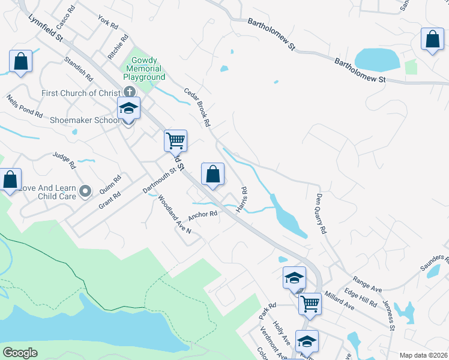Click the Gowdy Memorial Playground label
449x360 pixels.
pyautogui.click(x=144, y=69)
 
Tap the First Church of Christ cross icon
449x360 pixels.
pyautogui.click(x=129, y=92)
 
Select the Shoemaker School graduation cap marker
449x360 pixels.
pyautogui.click(x=128, y=109)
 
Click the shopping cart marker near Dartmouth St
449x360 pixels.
pyautogui.click(x=176, y=142)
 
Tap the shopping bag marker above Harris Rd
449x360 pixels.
pyautogui.click(x=212, y=175)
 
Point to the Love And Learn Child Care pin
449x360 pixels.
pyautogui.click(x=85, y=192)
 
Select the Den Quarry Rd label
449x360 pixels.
pyautogui.click(x=321, y=213)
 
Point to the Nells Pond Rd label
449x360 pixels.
pyautogui.click(x=25, y=106)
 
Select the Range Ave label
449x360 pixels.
pyautogui.click(x=368, y=284)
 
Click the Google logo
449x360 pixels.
pyautogui.click(x=20, y=353)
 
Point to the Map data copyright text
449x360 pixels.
pyautogui.click(x=423, y=355)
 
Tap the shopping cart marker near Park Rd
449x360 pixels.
pyautogui.click(x=310, y=304)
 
